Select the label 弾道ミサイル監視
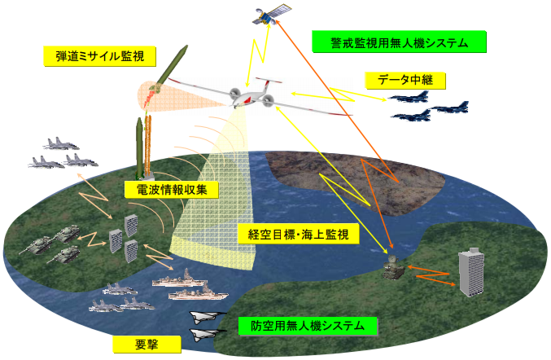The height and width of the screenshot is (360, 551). (x=98, y=57)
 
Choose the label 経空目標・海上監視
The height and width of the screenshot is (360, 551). (x=299, y=235)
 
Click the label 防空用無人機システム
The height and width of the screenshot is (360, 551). (x=309, y=327)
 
